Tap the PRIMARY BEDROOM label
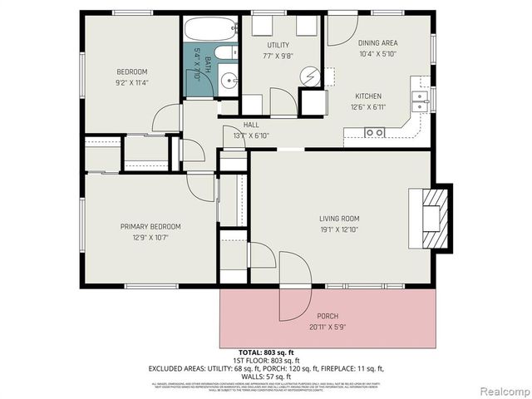[150, 226]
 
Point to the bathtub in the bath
[209, 30]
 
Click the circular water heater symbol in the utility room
[309, 76]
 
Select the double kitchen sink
[421, 101]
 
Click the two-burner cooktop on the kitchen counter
[375, 131]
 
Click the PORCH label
[328, 316]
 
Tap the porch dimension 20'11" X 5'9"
[328, 327]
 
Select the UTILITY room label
[278, 44]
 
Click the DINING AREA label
[378, 42]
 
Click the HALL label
[250, 125]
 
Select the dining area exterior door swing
[338, 29]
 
